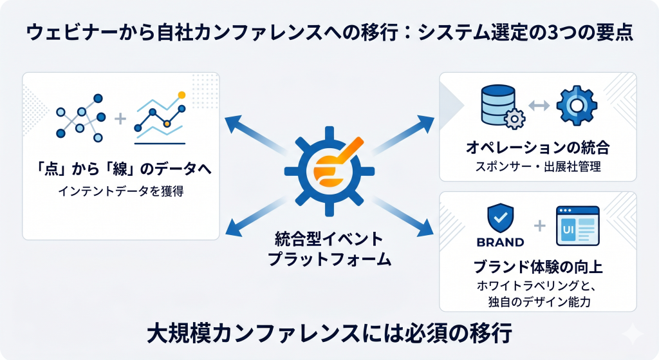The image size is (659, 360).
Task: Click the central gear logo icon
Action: coord(329,171)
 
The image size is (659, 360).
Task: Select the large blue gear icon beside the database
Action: coord(577,106)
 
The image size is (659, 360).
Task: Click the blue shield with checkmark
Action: coord(500,219)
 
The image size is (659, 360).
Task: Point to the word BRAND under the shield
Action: coord(500,242)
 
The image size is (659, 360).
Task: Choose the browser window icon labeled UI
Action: coord(577,226)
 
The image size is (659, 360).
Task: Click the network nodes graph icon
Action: coord(80,118)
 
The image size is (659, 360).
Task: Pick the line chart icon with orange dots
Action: coord(160,118)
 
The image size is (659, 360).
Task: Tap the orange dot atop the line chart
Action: coord(181,95)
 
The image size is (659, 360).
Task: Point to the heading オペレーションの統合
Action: coord(537,147)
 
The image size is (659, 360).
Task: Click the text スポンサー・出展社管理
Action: coord(538,167)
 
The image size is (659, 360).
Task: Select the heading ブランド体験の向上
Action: coord(538,267)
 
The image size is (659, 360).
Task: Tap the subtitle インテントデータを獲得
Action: coord(121,191)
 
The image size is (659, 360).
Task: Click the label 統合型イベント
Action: coord(329,239)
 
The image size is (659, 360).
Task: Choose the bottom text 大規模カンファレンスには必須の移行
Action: coord(329,334)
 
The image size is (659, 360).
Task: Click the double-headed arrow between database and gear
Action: coord(539,105)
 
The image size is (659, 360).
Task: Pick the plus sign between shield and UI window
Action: coord(540,226)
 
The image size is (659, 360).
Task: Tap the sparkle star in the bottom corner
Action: coord(633,334)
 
